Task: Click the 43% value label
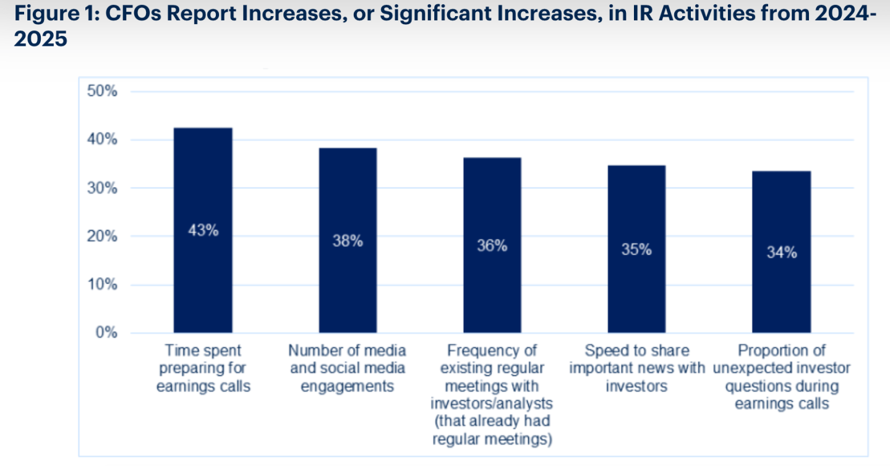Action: (x=203, y=231)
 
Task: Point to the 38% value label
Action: (x=348, y=241)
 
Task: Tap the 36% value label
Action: (x=492, y=245)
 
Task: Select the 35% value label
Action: (x=636, y=250)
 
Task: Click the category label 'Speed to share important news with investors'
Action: (x=637, y=368)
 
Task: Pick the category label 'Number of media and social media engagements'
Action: (x=348, y=368)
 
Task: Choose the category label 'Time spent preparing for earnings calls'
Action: (x=203, y=368)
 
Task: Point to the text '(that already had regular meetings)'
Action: (x=492, y=431)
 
